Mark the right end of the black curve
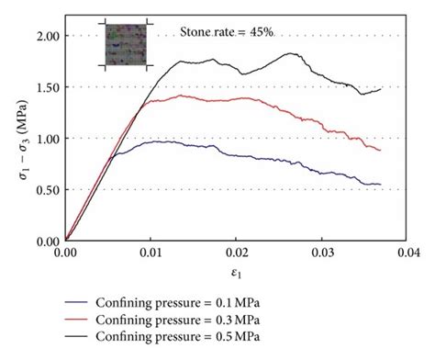(x=380, y=89)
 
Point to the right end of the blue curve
(x=380, y=185)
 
